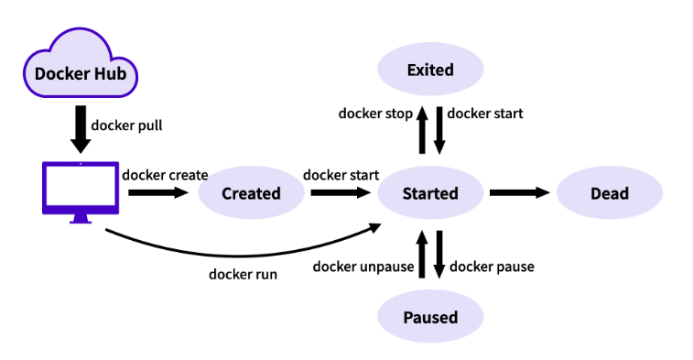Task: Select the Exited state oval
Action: point(430,69)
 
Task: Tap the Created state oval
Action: point(251,193)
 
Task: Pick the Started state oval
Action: point(430,193)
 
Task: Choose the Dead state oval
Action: point(610,193)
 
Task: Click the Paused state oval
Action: point(430,317)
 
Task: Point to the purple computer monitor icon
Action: point(81,192)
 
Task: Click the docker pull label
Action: point(127,125)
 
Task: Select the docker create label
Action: point(165,175)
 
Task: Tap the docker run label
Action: point(244,274)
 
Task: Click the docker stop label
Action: point(375,114)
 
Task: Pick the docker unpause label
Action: point(363,267)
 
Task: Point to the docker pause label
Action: point(492,267)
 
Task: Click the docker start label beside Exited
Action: point(485,114)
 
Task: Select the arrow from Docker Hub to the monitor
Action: point(81,129)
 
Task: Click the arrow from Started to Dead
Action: point(520,192)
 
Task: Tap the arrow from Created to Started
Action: point(341,192)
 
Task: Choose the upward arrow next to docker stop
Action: point(422,130)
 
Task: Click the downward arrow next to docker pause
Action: point(439,255)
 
